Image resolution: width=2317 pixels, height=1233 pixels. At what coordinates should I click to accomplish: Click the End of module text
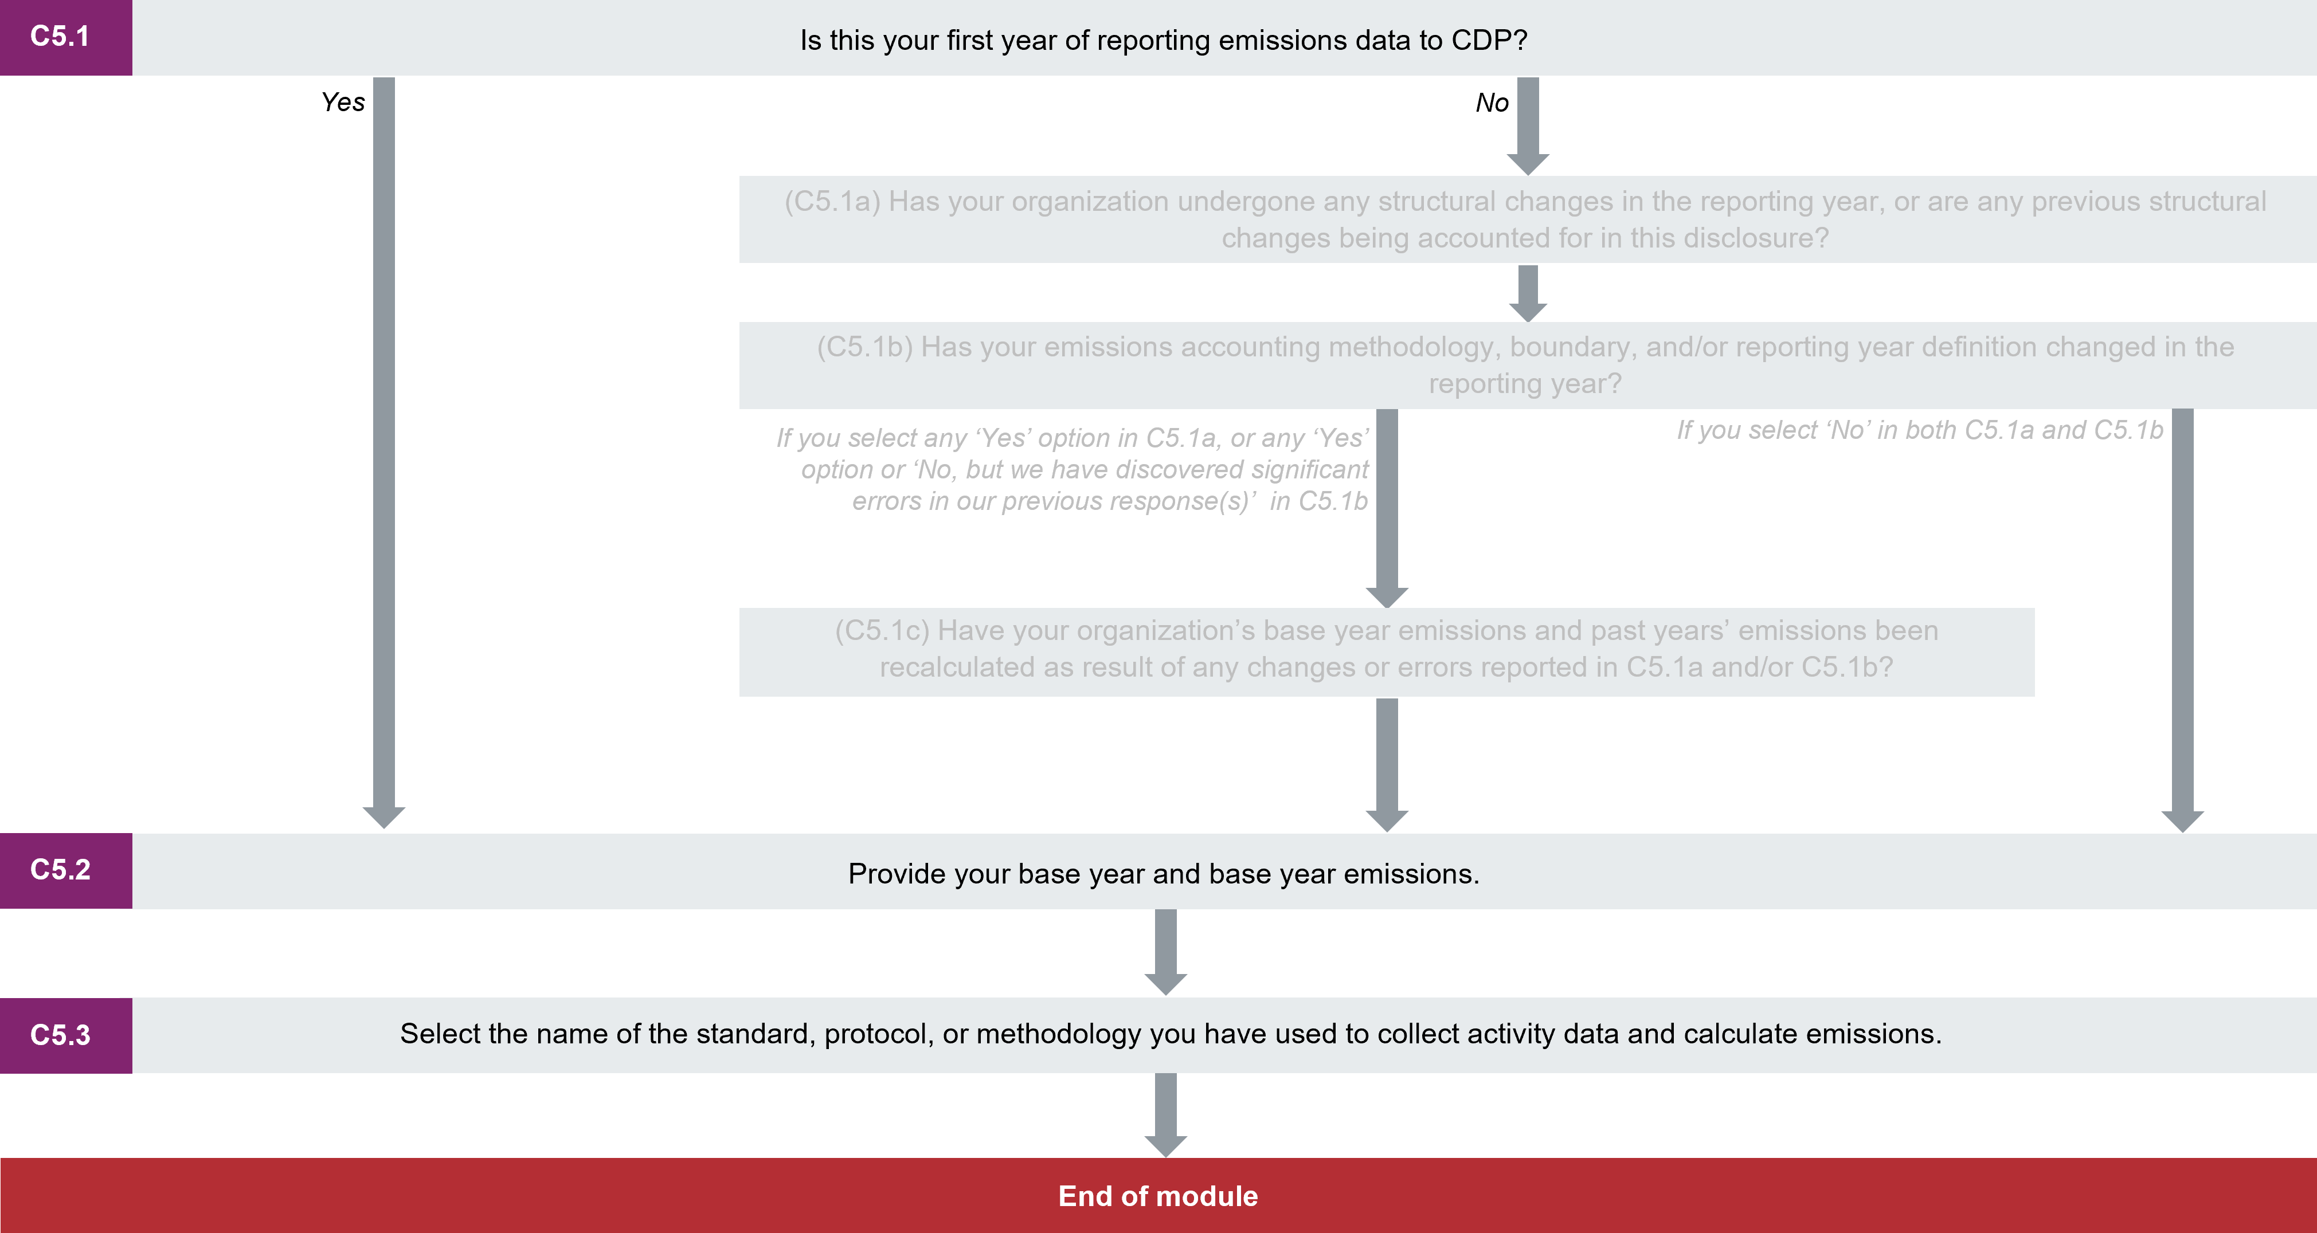(x=1157, y=1196)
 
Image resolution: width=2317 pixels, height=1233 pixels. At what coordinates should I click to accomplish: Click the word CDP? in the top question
(x=1489, y=41)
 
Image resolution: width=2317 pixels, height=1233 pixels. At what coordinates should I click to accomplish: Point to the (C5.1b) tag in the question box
(x=864, y=347)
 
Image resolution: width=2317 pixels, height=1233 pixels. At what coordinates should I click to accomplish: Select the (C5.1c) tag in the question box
(x=882, y=630)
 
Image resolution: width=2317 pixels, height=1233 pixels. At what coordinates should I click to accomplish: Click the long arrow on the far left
(x=384, y=450)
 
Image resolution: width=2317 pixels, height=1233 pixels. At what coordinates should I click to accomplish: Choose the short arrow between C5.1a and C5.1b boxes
(x=1527, y=292)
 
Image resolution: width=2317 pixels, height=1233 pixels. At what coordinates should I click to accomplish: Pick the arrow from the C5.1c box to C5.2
(x=1387, y=764)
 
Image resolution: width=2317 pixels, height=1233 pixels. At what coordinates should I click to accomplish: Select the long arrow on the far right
(x=2182, y=621)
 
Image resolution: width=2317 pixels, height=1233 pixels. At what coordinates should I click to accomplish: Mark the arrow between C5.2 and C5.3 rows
(x=1166, y=952)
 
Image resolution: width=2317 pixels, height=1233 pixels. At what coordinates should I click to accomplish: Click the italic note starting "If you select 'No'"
(x=1919, y=430)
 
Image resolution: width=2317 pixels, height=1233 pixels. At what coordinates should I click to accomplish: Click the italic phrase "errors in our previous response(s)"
(x=1053, y=501)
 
